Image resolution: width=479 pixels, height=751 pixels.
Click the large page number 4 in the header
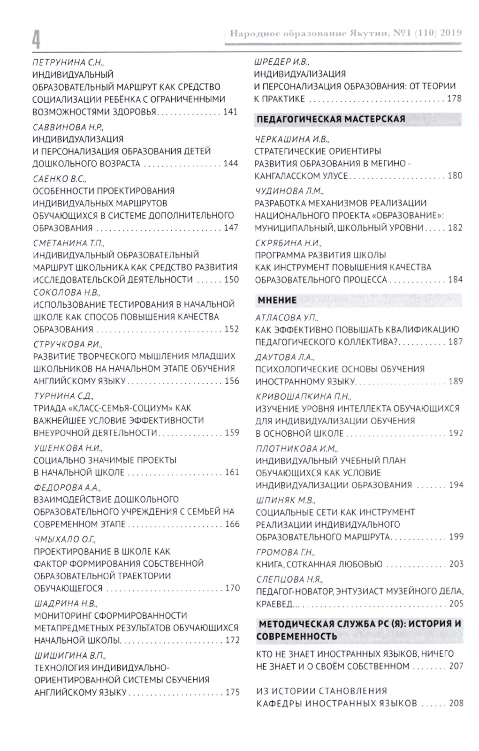[x=36, y=38]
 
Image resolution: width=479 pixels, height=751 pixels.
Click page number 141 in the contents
[x=231, y=112]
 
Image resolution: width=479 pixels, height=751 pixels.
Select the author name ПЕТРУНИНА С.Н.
[x=68, y=62]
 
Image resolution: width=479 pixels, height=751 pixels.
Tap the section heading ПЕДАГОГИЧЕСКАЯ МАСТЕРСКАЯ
[x=331, y=119]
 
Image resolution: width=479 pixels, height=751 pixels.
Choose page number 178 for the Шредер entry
[x=454, y=99]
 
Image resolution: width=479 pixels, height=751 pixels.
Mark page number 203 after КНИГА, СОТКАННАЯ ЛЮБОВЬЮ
[x=456, y=564]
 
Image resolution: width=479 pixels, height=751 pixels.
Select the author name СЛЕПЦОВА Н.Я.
[x=289, y=579]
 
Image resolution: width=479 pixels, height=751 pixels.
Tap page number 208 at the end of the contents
[x=456, y=703]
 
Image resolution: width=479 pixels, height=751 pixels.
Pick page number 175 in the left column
[x=232, y=692]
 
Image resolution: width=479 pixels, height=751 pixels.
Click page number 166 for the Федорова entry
[x=232, y=524]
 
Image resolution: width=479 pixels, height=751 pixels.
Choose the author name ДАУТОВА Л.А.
[x=285, y=357]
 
